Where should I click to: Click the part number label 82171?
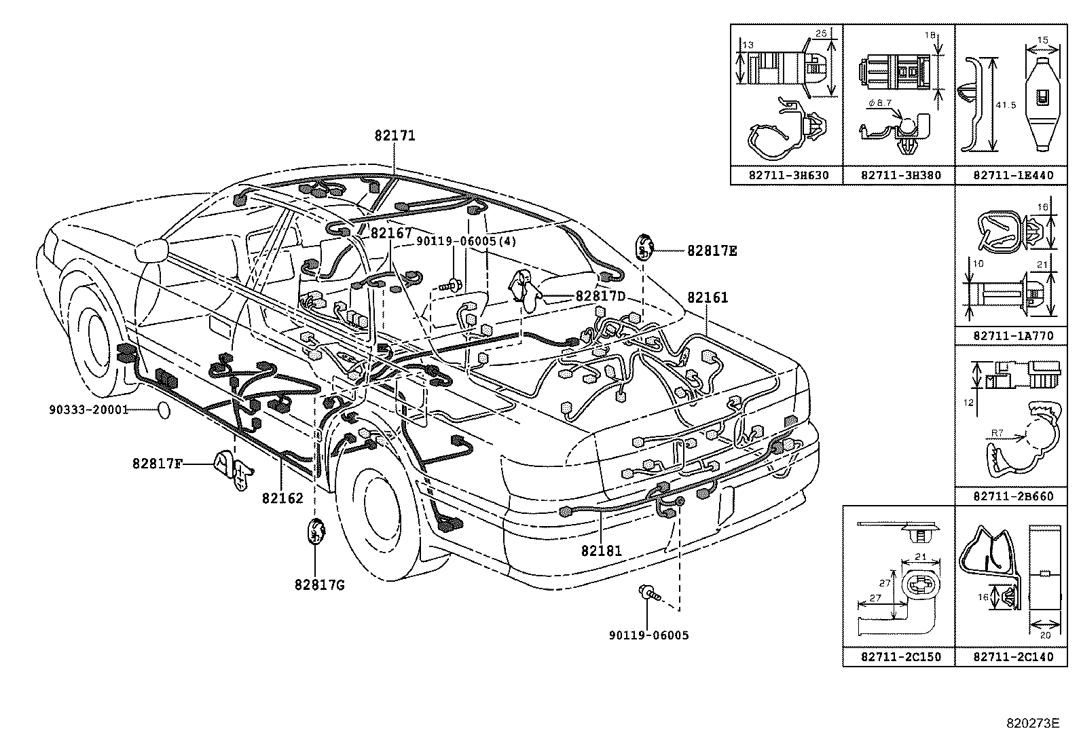[x=395, y=136]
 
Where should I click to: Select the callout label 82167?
[x=391, y=233]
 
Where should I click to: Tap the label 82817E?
[x=712, y=250]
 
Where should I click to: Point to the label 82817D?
[x=600, y=297]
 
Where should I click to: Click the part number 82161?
[x=707, y=297]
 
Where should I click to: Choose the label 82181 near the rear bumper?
[x=601, y=551]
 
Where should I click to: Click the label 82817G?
[x=319, y=584]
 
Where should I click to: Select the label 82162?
[x=282, y=498]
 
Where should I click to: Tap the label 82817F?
[x=158, y=464]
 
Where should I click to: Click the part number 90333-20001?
[x=88, y=410]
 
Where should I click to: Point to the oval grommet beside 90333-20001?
[x=164, y=410]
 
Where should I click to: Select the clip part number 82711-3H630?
[x=788, y=175]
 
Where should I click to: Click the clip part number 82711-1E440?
[x=1013, y=175]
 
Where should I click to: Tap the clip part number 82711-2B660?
[x=1013, y=496]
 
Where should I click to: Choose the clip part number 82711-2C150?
[x=900, y=657]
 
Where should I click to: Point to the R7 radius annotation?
[x=997, y=432]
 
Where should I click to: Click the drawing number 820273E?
[x=1033, y=724]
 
